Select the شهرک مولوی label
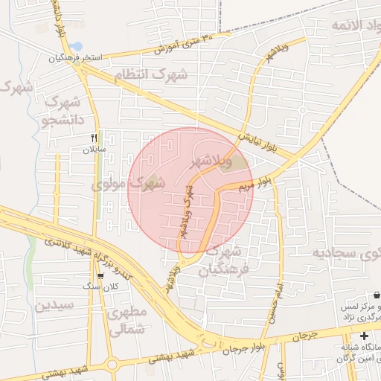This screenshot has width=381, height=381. pos(127,182)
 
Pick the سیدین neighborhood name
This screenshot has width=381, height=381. pos(54,305)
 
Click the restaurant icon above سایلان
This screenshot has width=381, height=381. pos(94,138)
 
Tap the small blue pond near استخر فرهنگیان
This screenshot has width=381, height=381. pos(77,46)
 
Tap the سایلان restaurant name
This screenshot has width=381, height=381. pos(95,150)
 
